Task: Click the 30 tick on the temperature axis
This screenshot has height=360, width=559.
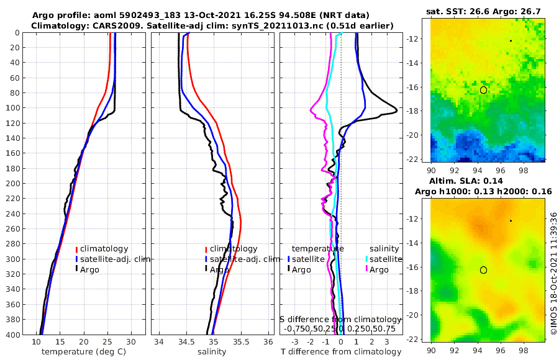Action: (x=130, y=342)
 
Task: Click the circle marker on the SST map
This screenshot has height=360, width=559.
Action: (x=483, y=90)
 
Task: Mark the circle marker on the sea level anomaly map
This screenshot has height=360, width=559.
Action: (x=483, y=270)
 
